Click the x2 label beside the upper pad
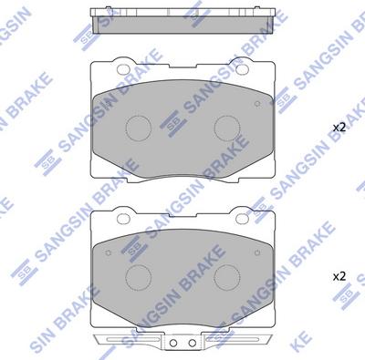click(339, 128)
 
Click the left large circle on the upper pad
click(139, 126)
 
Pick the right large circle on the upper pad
click(225, 126)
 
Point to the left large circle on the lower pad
click(139, 275)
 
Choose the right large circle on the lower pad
click(225, 275)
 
